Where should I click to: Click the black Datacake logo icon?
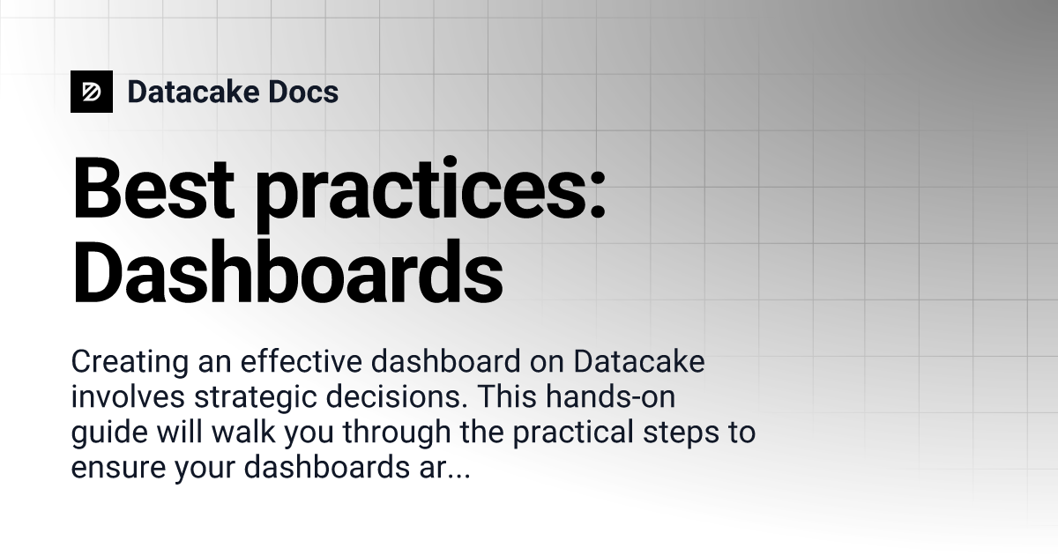pos(92,92)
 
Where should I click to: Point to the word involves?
pos(121,398)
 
